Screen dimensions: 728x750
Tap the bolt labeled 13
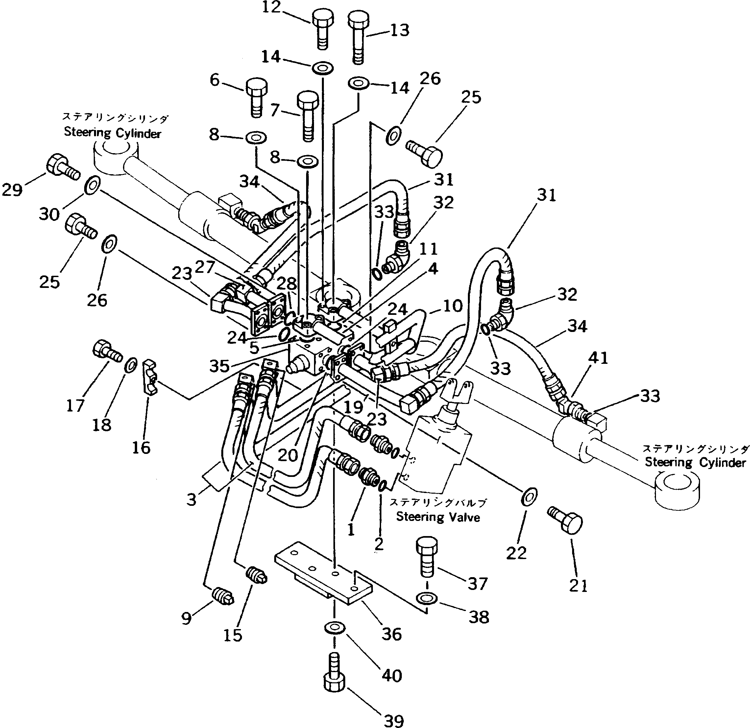(x=358, y=36)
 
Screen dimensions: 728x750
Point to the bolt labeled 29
(x=61, y=170)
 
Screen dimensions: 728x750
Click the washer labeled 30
(x=92, y=186)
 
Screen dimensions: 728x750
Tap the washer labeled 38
(x=427, y=598)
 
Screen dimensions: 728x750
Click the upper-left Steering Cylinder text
(x=112, y=133)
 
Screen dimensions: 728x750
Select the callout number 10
(x=453, y=306)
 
